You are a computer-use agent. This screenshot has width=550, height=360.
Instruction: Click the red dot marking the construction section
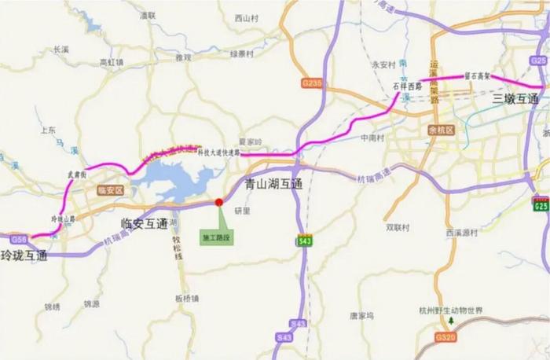point(219,202)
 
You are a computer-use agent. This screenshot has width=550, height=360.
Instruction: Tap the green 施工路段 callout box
point(214,237)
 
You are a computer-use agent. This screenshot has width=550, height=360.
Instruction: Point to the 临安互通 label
point(145,224)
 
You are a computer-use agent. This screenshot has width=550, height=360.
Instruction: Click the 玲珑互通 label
point(24,255)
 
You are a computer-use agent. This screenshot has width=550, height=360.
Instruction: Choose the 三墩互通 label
point(515,99)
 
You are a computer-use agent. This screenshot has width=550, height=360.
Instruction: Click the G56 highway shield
point(17,239)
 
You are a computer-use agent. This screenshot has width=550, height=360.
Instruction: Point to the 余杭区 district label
point(442,130)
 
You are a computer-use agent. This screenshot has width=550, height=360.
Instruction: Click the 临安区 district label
point(110,190)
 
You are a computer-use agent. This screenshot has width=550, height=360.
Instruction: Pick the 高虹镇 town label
point(112,62)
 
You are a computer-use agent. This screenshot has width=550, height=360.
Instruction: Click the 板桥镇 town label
point(189,298)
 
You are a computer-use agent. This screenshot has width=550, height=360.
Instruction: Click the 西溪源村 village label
point(463,233)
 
